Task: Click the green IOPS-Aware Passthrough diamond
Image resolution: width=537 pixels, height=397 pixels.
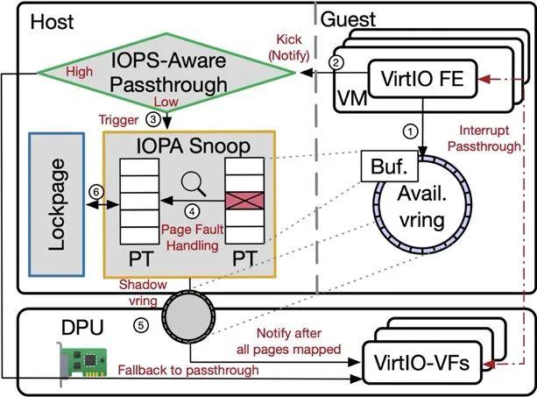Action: point(166,73)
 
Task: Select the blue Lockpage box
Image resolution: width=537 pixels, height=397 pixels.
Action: point(57,204)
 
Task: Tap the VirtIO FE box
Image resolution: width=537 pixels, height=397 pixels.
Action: point(422,79)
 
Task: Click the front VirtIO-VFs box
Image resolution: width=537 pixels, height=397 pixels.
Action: point(422,363)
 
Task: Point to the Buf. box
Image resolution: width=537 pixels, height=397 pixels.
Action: point(390,167)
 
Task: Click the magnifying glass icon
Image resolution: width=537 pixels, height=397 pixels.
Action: point(194,184)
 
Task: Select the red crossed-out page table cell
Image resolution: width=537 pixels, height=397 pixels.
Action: point(244,201)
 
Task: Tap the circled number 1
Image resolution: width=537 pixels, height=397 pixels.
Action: point(410,131)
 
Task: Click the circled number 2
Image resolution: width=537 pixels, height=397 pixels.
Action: point(336,63)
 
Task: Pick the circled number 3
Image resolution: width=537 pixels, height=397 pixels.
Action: point(152,119)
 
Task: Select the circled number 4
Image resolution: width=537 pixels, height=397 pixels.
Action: point(192,211)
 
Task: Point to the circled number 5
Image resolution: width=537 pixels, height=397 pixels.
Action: point(141,325)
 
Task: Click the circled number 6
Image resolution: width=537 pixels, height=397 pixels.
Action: point(95,192)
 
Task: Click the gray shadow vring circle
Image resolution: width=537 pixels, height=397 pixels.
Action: point(188,317)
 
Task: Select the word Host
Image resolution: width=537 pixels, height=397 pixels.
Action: point(52,22)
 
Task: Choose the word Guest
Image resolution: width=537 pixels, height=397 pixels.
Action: point(348,19)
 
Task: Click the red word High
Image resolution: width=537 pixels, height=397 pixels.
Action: point(80,72)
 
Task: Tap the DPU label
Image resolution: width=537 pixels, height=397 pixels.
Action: point(82,327)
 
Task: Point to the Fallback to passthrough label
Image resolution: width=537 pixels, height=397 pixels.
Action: point(188,370)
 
